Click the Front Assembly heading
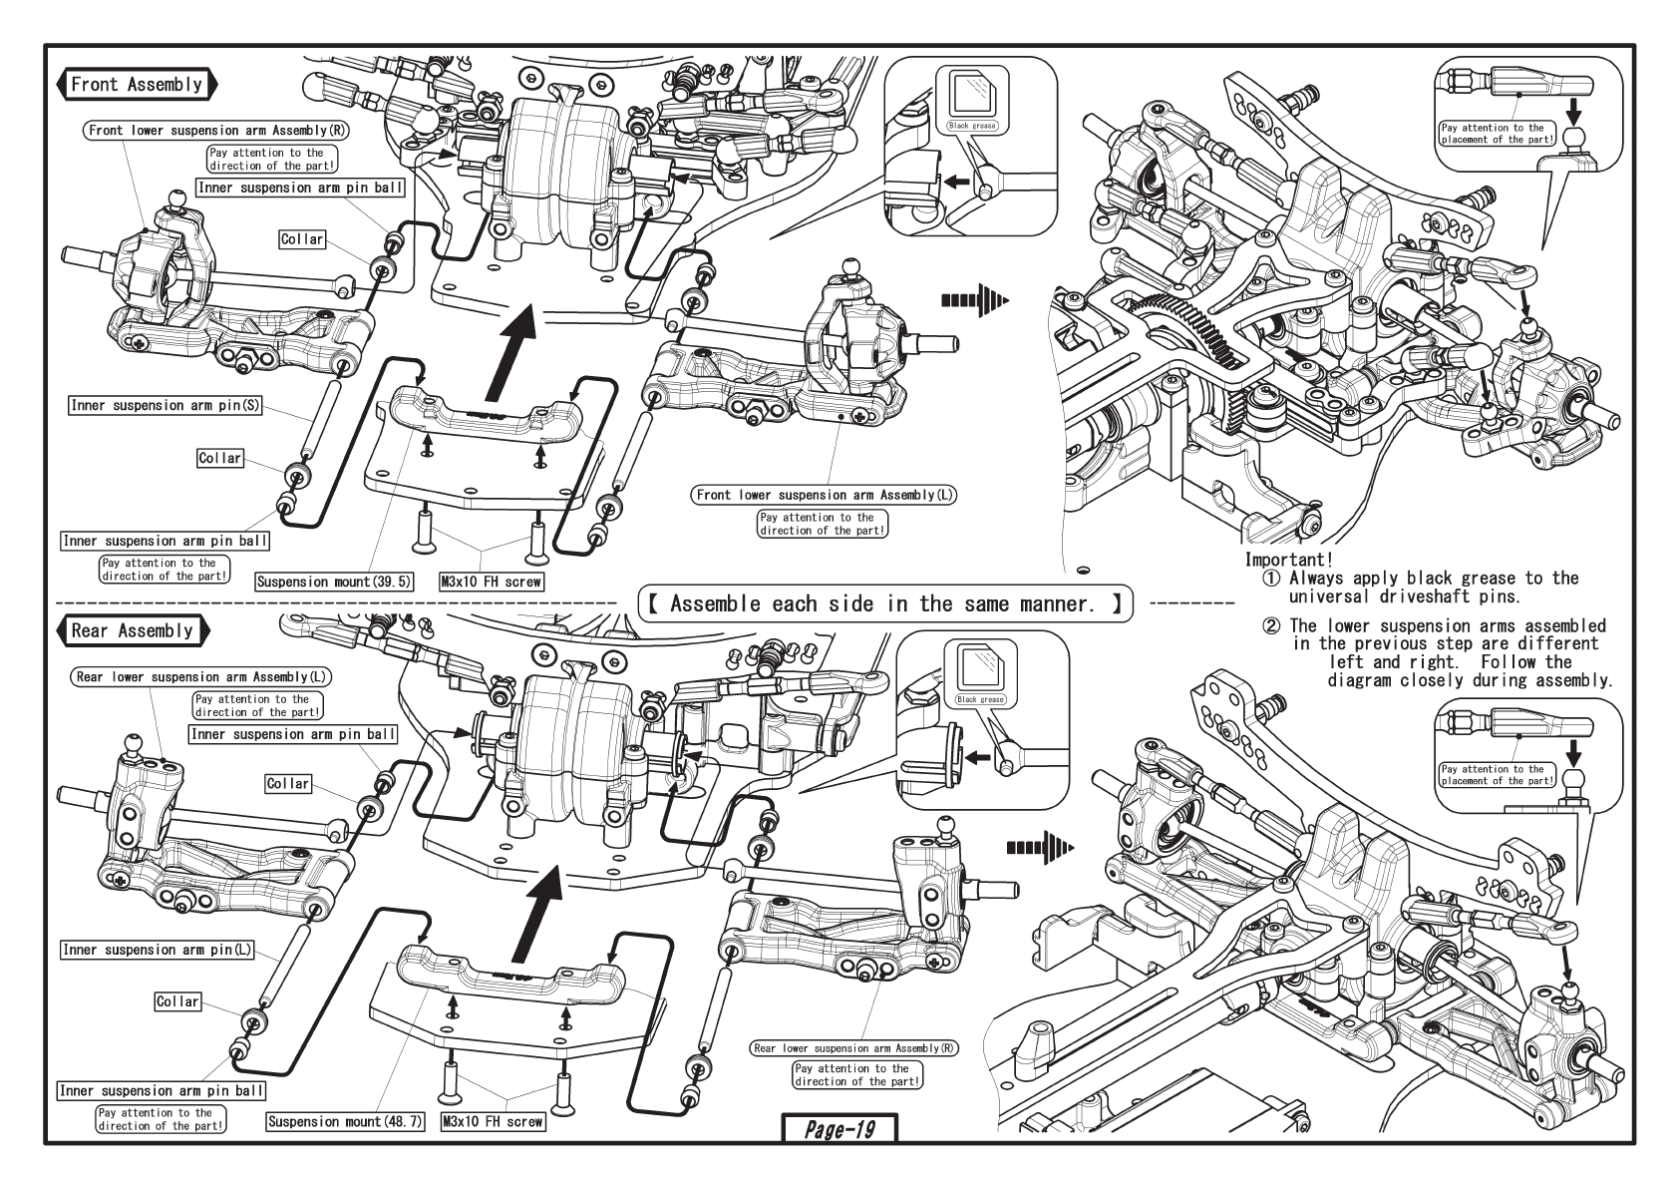pos(137,84)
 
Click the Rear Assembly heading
pos(132,630)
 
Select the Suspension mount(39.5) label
pos(334,582)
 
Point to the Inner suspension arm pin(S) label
pos(165,406)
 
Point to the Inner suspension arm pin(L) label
pos(159,950)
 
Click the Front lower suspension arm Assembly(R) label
pos(218,131)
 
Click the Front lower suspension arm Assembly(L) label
pos(823,495)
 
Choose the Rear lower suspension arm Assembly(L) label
pos(203,677)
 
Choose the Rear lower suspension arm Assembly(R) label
pos(854,1048)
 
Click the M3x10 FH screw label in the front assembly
pos(492,582)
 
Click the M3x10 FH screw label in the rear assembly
pos(494,1121)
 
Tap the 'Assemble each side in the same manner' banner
pos(884,603)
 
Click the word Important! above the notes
pos(1288,561)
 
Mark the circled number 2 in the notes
pos(1270,626)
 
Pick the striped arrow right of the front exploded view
pos(974,299)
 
